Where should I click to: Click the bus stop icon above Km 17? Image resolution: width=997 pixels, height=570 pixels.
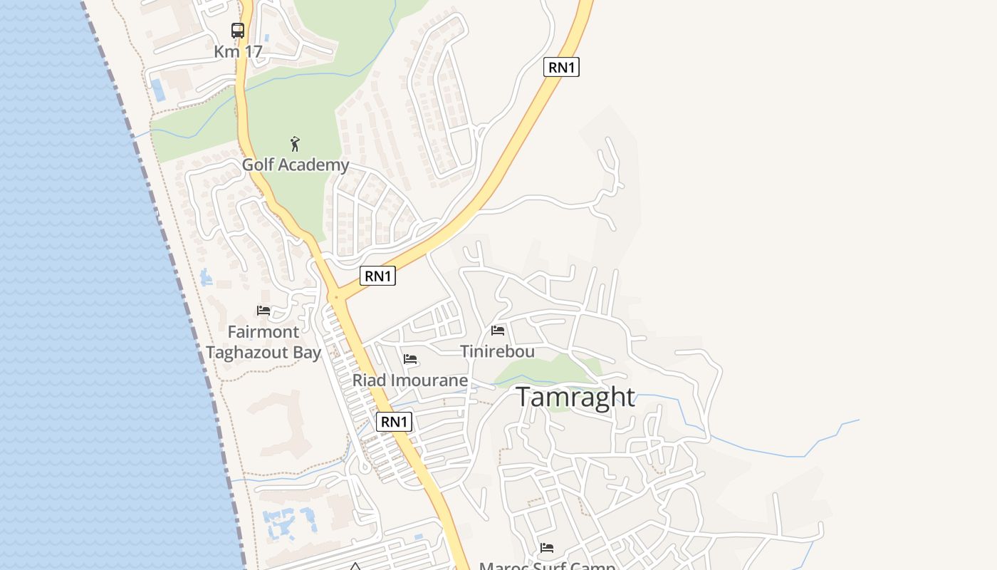point(238,31)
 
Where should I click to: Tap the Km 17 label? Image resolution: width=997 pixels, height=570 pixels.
point(238,52)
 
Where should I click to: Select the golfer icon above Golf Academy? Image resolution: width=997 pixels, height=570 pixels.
point(296,144)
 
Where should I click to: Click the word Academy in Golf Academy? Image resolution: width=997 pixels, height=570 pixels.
point(314,165)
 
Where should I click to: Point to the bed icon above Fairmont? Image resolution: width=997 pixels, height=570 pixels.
point(263,311)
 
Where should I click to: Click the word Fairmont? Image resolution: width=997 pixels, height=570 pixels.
point(263,332)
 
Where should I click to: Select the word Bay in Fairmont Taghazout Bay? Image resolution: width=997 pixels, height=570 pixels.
point(308,353)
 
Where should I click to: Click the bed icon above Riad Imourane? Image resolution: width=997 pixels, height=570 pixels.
point(410,359)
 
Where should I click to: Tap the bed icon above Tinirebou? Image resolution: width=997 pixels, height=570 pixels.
point(498,331)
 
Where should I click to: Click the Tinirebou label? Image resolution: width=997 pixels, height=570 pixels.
point(497,351)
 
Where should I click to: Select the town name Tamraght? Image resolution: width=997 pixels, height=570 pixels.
point(575,397)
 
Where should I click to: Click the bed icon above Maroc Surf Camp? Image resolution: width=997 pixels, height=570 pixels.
point(547,548)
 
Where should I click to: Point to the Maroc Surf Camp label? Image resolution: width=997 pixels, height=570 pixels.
point(547,566)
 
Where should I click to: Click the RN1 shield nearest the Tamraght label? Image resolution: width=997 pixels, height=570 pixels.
point(395,422)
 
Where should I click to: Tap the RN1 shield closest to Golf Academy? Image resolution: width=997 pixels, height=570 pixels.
point(377,276)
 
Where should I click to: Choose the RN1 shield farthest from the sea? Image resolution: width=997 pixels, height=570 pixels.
point(561,68)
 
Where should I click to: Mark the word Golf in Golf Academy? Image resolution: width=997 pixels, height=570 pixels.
point(258,165)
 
